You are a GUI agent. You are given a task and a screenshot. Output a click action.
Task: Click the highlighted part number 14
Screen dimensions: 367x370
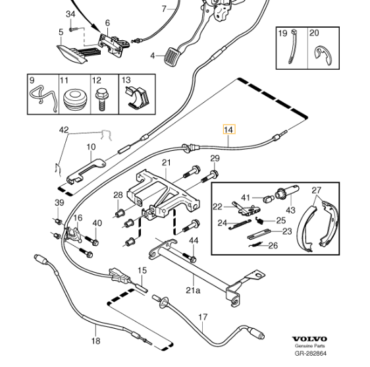(228, 130)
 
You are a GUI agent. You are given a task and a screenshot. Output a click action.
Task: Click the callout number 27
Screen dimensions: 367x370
(317, 190)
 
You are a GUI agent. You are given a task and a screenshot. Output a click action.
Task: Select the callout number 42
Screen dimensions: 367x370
(63, 130)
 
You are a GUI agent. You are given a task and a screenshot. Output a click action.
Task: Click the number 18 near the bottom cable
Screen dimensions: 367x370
(96, 341)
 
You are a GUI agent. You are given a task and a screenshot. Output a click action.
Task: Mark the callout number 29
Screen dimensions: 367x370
(215, 159)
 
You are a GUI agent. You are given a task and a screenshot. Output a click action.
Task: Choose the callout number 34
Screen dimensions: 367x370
(70, 14)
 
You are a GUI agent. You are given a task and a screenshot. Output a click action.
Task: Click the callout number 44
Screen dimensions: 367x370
(193, 240)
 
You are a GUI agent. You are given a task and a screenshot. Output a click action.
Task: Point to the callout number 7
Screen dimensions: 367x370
(165, 9)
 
